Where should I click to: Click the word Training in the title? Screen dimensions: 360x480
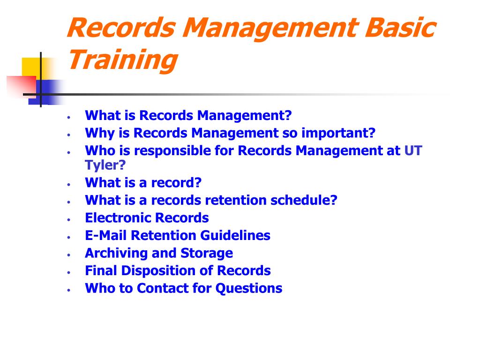123,60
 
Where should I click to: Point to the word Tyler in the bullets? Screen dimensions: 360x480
102,165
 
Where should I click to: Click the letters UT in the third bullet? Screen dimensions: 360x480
413,151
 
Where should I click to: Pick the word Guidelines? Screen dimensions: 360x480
235,235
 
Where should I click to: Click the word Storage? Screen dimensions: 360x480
207,253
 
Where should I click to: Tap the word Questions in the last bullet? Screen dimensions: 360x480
249,288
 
